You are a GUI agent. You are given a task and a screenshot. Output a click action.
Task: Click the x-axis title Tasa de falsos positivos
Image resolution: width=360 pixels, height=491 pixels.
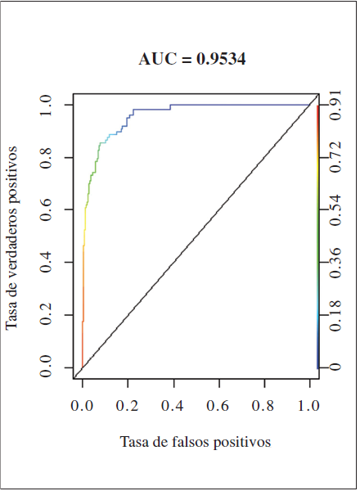coord(195,442)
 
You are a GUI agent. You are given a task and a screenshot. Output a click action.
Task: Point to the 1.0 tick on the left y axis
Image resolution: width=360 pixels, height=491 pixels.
coord(51,104)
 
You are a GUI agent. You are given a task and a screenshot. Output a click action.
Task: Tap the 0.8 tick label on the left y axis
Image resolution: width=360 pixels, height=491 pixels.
coord(51,157)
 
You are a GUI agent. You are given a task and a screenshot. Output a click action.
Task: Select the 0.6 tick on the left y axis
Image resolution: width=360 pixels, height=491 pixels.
coord(51,210)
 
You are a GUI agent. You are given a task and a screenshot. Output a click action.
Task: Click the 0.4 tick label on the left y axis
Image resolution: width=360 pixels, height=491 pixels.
coord(51,264)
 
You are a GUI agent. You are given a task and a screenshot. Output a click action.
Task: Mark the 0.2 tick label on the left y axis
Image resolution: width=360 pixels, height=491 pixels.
coord(51,317)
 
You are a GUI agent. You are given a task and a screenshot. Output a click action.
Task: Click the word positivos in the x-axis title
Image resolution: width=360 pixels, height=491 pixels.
coord(241,442)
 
